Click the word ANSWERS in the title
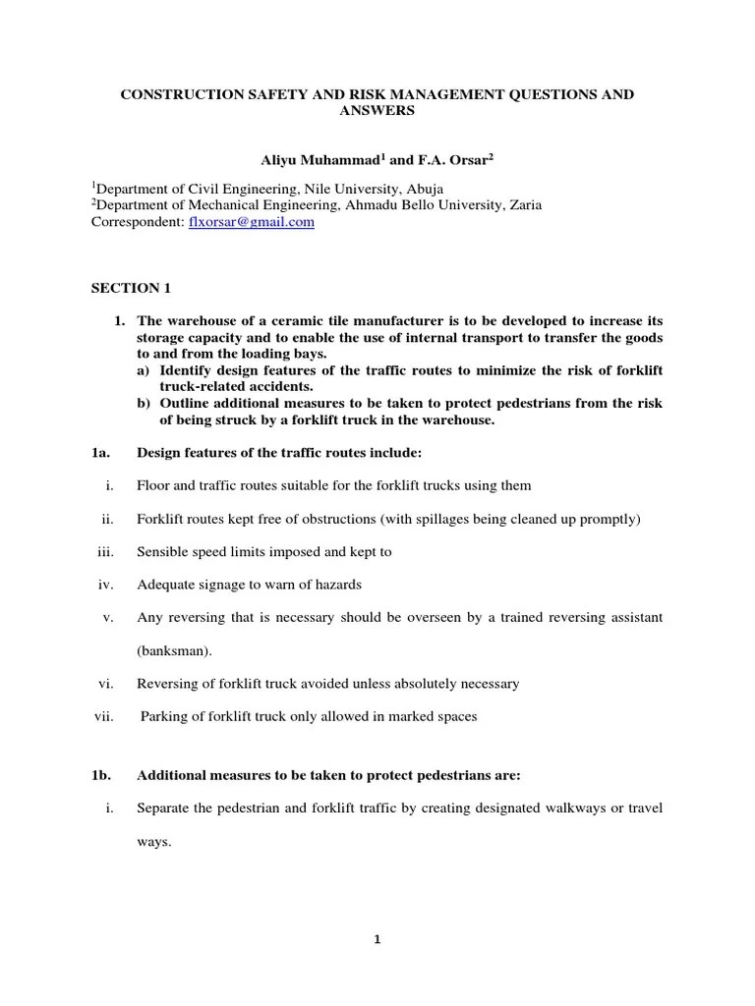click(x=377, y=111)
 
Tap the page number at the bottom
click(x=377, y=938)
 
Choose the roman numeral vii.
click(x=104, y=716)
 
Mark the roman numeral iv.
click(x=106, y=585)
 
